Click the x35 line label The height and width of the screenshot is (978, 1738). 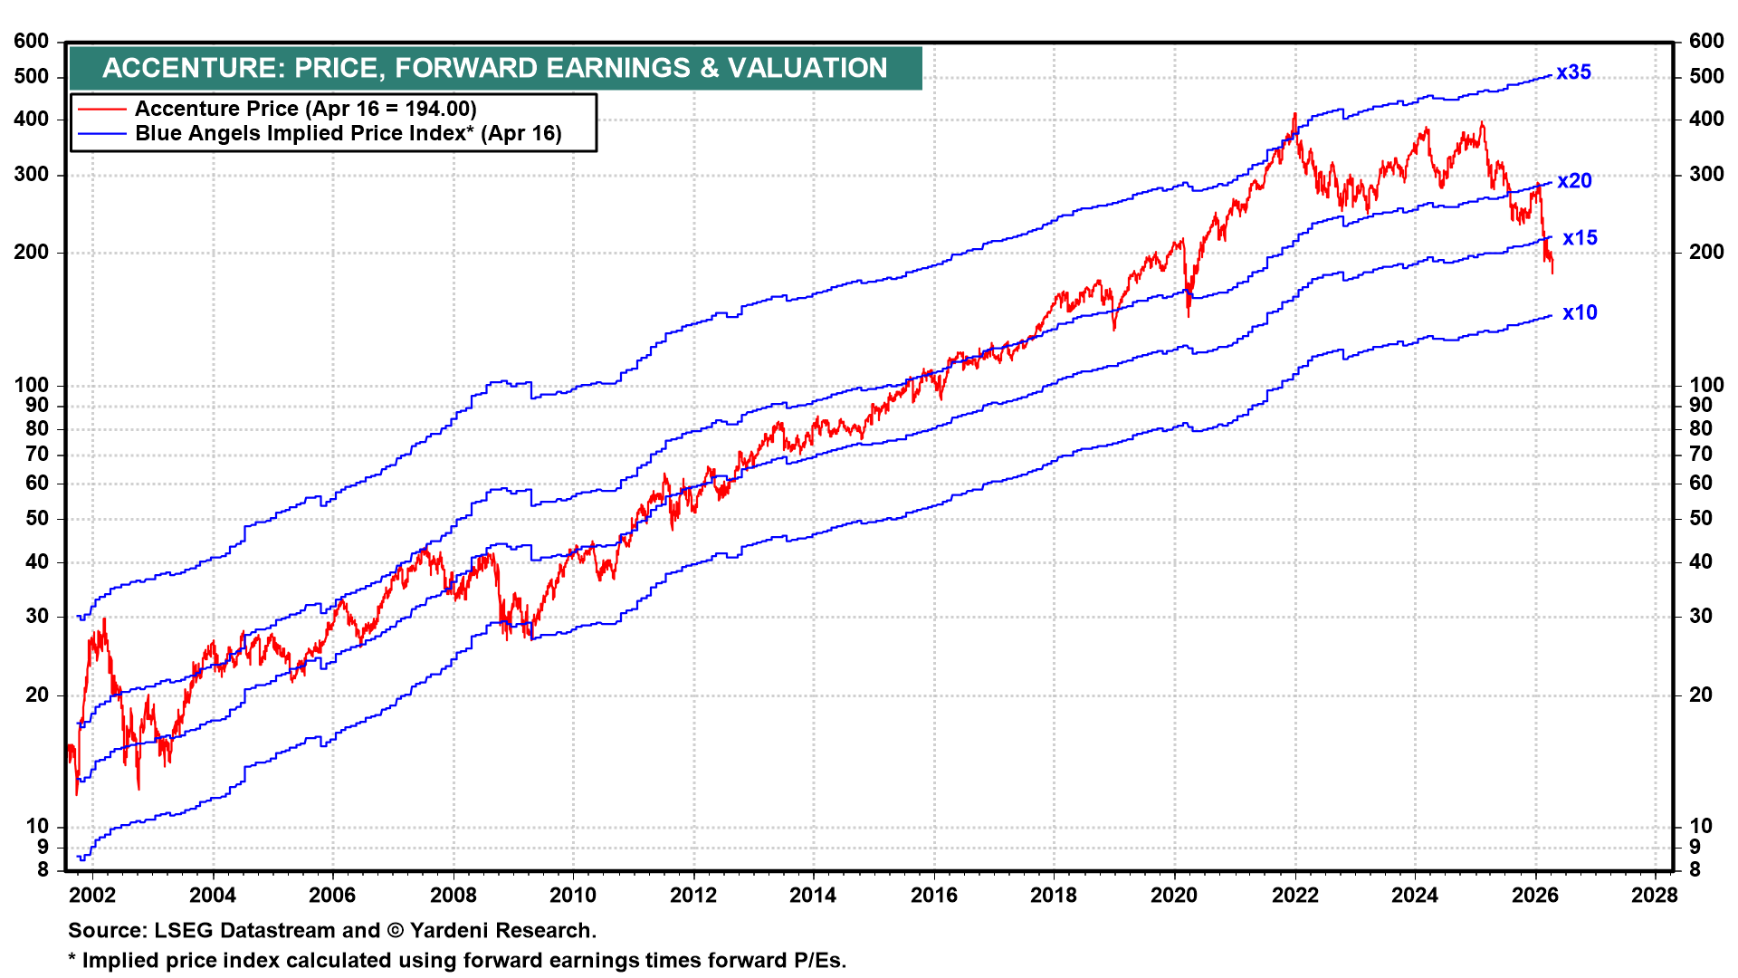(x=1573, y=72)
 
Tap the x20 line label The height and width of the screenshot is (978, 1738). (x=1574, y=181)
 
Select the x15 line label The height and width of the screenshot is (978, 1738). (x=1580, y=238)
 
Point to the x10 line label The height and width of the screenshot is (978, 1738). (x=1580, y=312)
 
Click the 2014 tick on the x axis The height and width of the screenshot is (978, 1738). (x=813, y=896)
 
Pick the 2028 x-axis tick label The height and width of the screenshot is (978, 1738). (x=1655, y=896)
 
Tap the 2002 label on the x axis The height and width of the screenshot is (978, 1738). (x=92, y=896)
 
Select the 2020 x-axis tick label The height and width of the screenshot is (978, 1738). (x=1174, y=896)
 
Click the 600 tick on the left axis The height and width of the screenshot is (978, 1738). (x=32, y=41)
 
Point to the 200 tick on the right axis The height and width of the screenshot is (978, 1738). (x=1706, y=252)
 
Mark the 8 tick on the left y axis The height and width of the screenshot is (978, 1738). (x=42, y=869)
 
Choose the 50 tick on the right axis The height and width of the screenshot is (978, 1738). (x=1701, y=518)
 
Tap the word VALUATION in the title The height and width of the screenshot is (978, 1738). (x=807, y=68)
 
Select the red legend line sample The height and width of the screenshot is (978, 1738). (x=101, y=110)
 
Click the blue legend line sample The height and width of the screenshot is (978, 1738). (x=101, y=134)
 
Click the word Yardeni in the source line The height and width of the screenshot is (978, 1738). (x=450, y=931)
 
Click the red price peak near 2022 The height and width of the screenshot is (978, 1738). (x=1294, y=114)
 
